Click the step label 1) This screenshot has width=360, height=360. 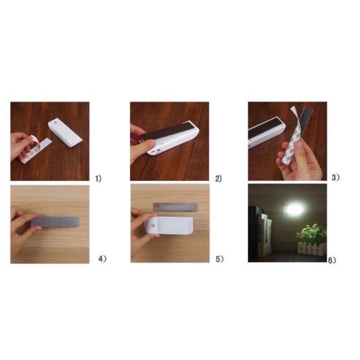click(x=99, y=179)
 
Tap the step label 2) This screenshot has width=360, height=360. click(x=219, y=179)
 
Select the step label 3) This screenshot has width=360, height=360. click(x=336, y=177)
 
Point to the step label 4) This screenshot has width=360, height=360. click(x=102, y=259)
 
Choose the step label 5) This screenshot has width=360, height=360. click(x=220, y=259)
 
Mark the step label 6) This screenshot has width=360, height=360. click(x=332, y=260)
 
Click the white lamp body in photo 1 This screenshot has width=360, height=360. click(x=66, y=132)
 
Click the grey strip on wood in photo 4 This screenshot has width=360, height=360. click(x=55, y=222)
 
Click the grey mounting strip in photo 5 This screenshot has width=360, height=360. click(x=175, y=207)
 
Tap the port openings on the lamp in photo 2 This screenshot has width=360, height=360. click(x=156, y=152)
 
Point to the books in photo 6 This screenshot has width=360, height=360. click(x=261, y=231)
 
